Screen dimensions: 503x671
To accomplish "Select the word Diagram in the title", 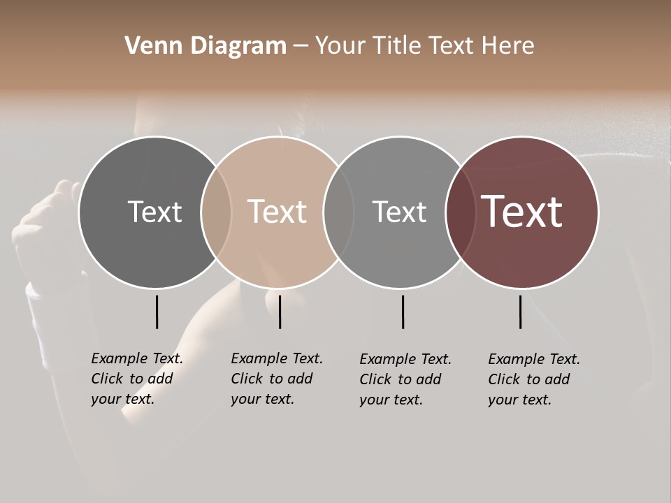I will click(238, 46).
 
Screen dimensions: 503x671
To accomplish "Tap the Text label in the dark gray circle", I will click(154, 212).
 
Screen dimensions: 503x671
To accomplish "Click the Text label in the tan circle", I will click(277, 212).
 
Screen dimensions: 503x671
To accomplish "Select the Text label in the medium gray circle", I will click(399, 212).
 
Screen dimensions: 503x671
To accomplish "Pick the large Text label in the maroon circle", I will click(522, 212).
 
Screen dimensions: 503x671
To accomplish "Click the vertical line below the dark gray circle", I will click(157, 312).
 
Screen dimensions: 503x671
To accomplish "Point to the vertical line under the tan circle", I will click(280, 312).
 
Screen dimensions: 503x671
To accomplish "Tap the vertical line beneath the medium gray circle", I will click(403, 312).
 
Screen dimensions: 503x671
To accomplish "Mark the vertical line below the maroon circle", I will click(520, 312).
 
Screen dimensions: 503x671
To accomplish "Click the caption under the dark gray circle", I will click(137, 379).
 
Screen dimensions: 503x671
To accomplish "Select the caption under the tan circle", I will click(277, 379).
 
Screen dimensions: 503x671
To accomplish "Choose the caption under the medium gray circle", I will click(405, 379).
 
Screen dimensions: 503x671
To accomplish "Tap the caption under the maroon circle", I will click(534, 379).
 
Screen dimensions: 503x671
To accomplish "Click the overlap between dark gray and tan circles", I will click(216, 212).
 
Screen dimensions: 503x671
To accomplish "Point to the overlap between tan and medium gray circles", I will click(338, 212).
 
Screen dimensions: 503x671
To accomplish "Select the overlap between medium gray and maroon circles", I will click(461, 212).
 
